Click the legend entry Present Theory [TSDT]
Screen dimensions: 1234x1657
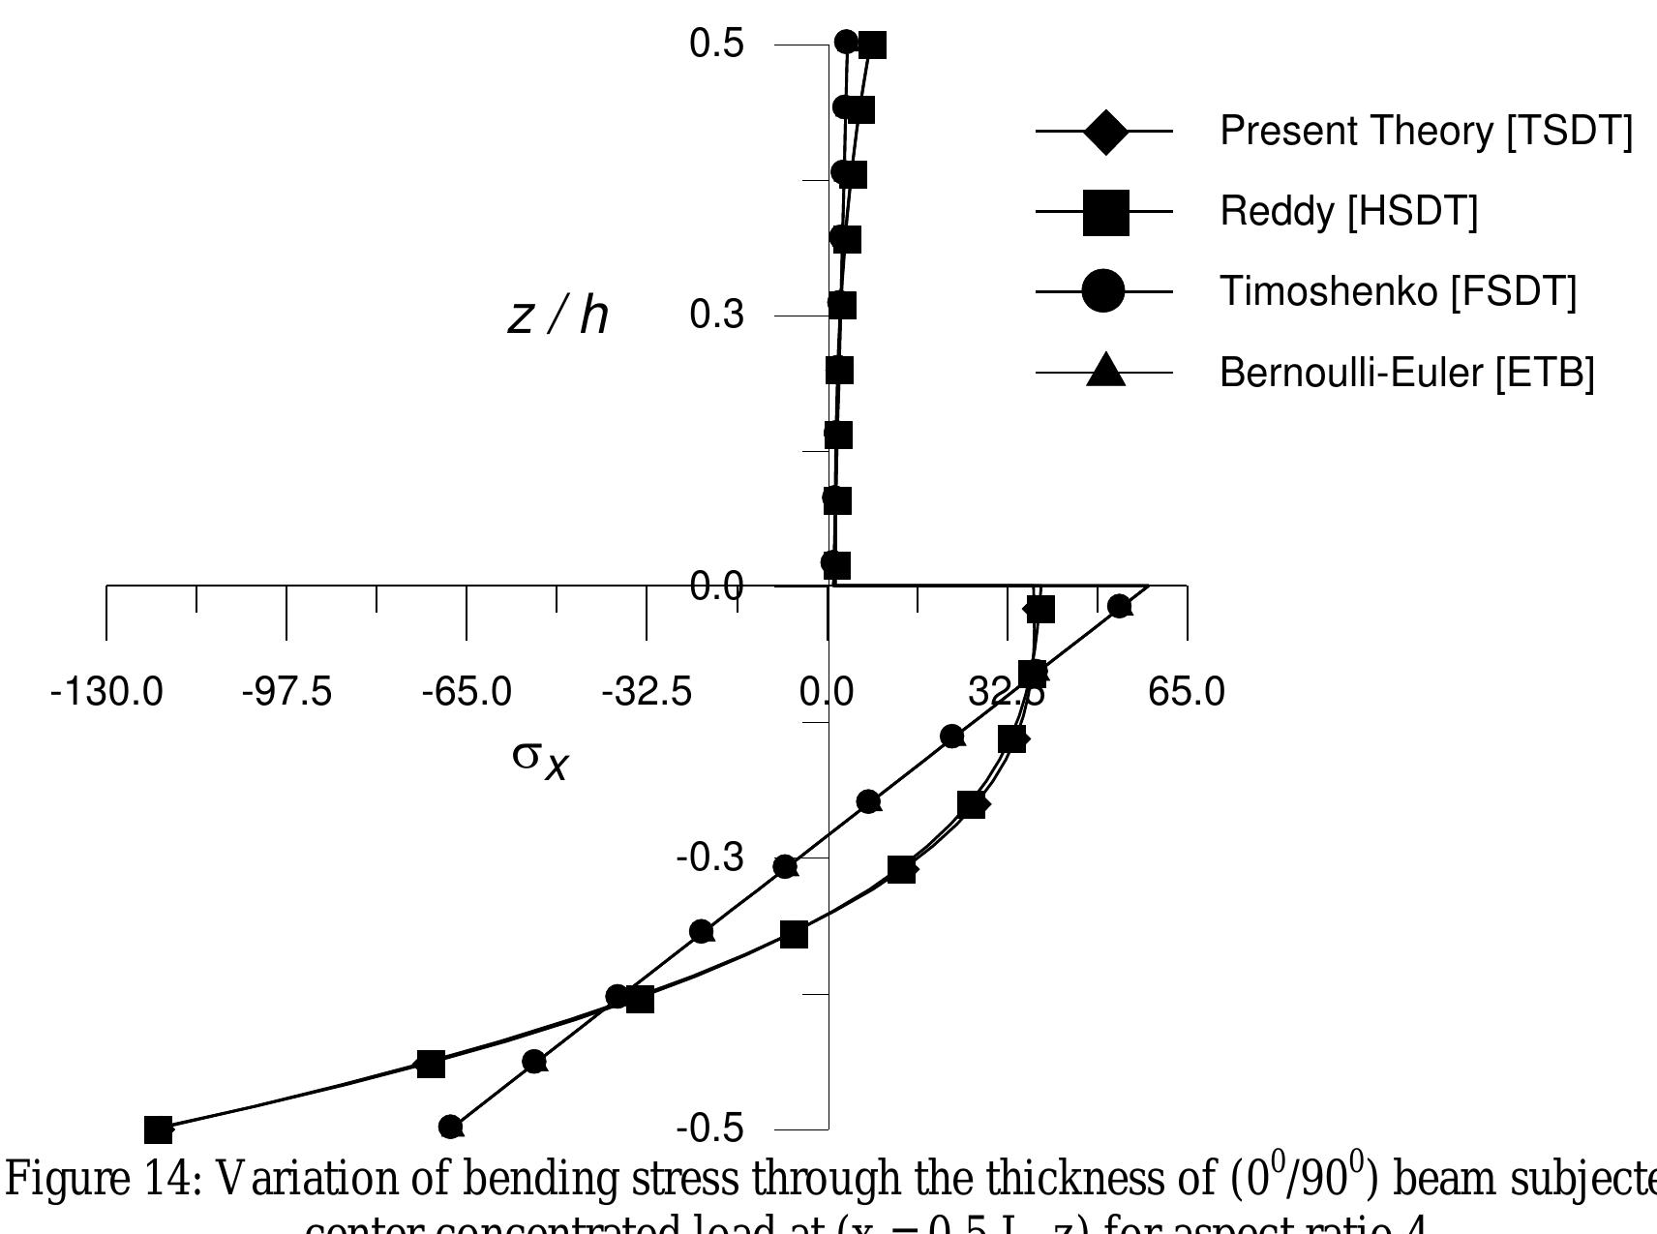tap(1425, 131)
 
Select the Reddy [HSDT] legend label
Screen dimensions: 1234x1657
tap(1348, 211)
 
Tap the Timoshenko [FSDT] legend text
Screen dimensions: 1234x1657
tap(1398, 290)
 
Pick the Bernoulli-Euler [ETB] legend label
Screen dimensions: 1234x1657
tap(1406, 372)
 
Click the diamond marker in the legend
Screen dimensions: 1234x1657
tap(1105, 131)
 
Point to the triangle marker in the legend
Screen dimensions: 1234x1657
tap(1105, 371)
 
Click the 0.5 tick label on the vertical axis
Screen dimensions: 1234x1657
tap(716, 44)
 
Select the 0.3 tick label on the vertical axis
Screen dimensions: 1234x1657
tap(716, 315)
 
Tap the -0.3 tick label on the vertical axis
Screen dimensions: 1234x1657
tap(709, 858)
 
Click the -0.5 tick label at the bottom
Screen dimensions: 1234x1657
tap(709, 1129)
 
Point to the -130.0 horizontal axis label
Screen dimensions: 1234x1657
tap(106, 692)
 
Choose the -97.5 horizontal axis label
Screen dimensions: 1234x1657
tap(286, 692)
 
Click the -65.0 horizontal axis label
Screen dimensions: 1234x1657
tap(467, 692)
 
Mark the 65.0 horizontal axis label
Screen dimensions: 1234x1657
tap(1187, 692)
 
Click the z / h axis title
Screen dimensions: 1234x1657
tap(558, 316)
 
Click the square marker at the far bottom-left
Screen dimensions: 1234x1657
tap(158, 1129)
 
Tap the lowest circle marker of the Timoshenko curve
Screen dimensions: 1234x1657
tap(450, 1127)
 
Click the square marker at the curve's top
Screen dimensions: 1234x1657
tap(872, 45)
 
